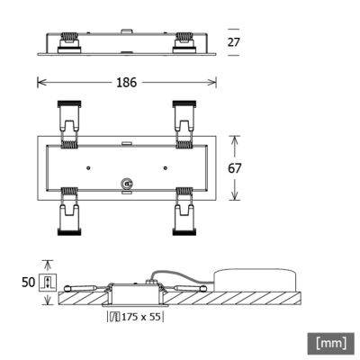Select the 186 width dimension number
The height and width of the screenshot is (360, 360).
click(127, 83)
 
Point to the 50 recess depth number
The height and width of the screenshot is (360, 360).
click(27, 282)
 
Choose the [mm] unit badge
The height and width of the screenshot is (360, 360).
click(331, 343)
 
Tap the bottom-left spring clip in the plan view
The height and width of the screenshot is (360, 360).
click(68, 213)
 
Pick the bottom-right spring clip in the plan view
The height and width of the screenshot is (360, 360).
click(185, 213)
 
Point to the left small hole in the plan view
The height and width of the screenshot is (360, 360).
click(88, 167)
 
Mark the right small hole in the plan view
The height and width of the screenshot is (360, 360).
click(165, 167)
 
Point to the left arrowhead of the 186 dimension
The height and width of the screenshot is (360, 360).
click(39, 83)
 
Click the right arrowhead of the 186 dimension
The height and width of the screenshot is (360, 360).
click(214, 83)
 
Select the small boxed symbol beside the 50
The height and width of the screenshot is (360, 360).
click(47, 283)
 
